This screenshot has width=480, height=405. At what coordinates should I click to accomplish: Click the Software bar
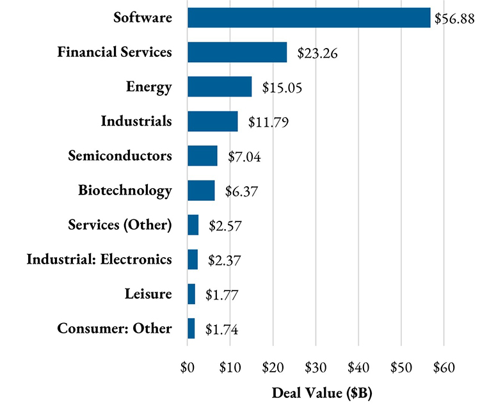[x=308, y=18]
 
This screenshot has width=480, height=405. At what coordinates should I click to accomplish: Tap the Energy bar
[x=220, y=86]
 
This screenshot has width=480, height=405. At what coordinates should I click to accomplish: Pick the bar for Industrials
[x=212, y=121]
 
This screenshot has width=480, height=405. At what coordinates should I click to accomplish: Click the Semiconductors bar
[x=202, y=155]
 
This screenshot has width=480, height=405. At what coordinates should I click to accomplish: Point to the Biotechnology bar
[x=201, y=191]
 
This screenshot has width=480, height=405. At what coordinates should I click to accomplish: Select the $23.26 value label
[x=318, y=53]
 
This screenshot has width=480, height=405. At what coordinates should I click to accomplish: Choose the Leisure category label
[x=148, y=294]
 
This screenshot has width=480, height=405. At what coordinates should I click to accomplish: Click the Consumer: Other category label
[x=115, y=329]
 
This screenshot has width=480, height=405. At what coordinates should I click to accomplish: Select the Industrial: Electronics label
[x=99, y=259]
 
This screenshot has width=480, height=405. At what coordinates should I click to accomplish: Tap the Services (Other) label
[x=120, y=225]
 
